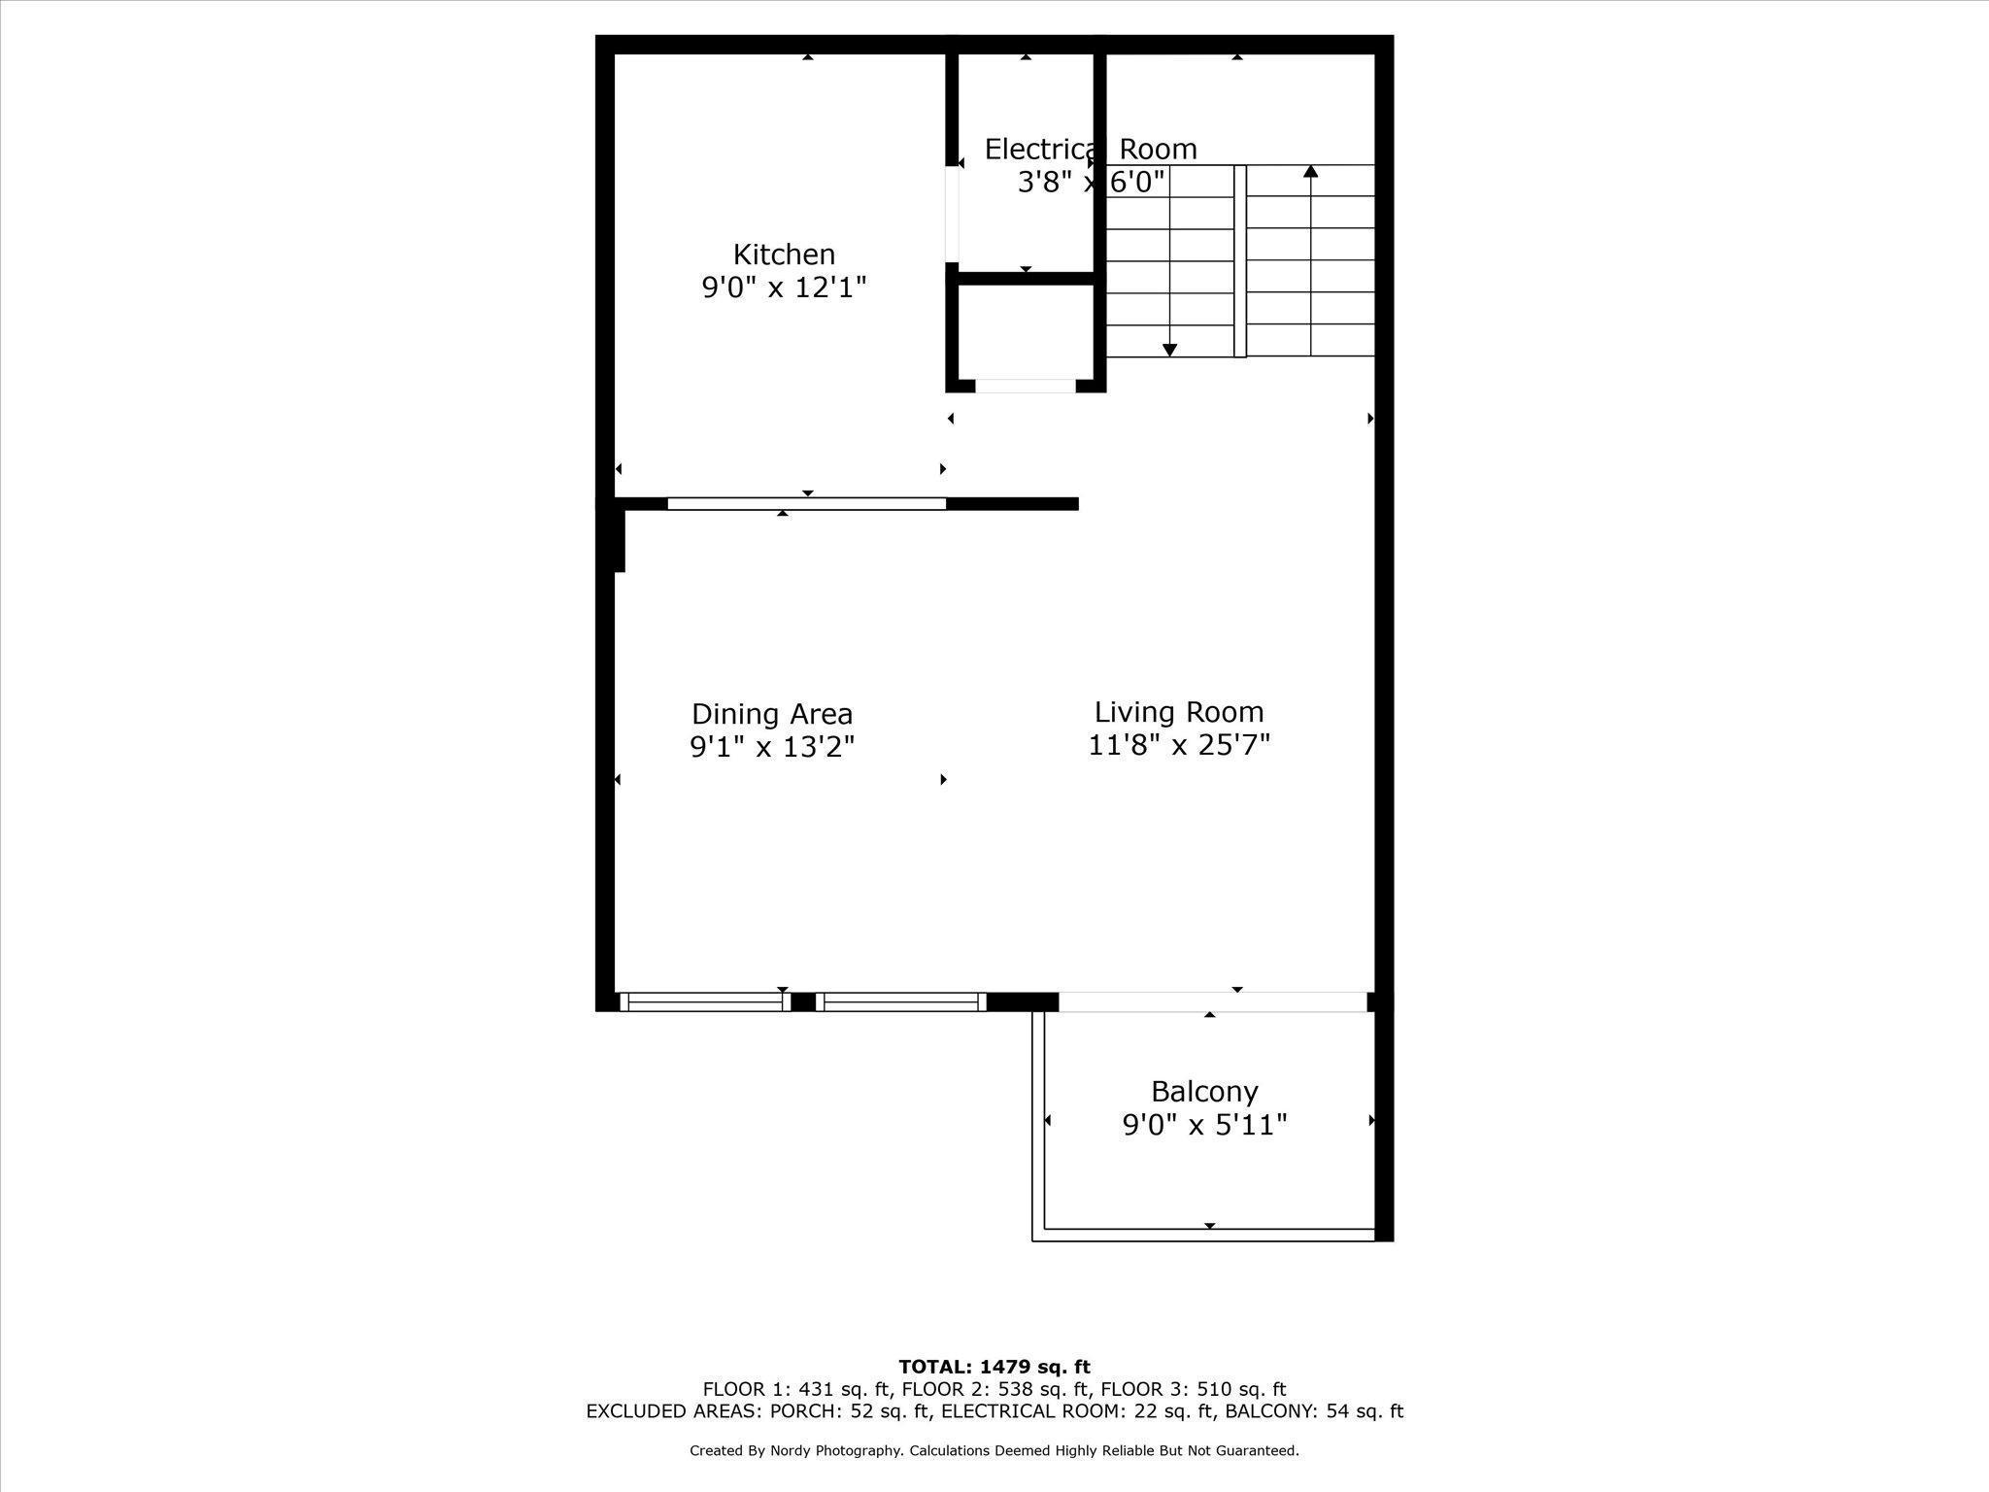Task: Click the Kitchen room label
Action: (x=784, y=254)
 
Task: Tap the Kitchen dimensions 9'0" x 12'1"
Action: (x=784, y=288)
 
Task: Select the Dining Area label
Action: (x=772, y=714)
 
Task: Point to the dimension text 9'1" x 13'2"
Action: (x=772, y=747)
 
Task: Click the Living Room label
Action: (x=1179, y=712)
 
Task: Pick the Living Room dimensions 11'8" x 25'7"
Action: (x=1179, y=745)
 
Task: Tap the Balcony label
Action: (x=1204, y=1092)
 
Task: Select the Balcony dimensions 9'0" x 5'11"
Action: (x=1204, y=1125)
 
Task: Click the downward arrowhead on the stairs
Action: (x=1170, y=350)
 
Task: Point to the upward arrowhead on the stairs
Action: (x=1311, y=172)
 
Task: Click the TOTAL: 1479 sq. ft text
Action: (x=994, y=1367)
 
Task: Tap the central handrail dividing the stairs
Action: (x=1240, y=261)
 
